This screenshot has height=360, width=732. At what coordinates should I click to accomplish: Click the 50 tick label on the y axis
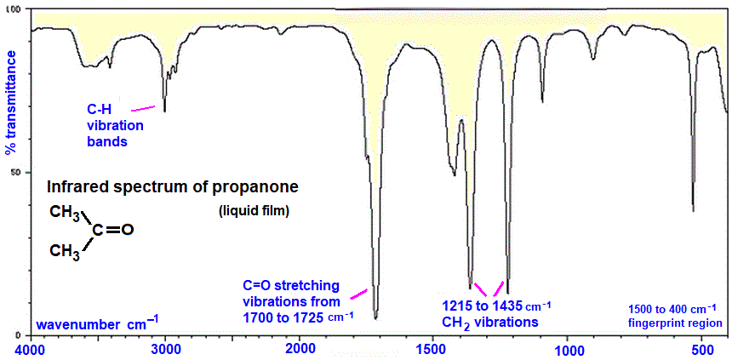[x=18, y=172]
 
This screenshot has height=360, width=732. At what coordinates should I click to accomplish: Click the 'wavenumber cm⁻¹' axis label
[x=96, y=323]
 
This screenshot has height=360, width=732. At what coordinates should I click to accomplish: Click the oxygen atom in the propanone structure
[x=129, y=230]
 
